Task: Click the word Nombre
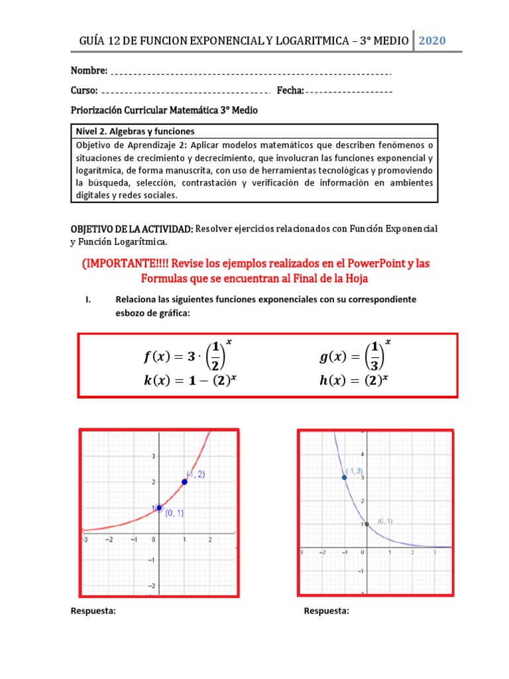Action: tap(89, 70)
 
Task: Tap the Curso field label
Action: tap(84, 90)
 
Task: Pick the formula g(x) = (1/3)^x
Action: tap(355, 357)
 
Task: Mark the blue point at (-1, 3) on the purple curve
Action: tap(344, 477)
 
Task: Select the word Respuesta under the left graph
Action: tap(93, 611)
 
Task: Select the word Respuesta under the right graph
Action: tap(326, 611)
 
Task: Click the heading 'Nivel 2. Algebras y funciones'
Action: tap(135, 131)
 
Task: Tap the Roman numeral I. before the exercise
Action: tap(89, 300)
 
